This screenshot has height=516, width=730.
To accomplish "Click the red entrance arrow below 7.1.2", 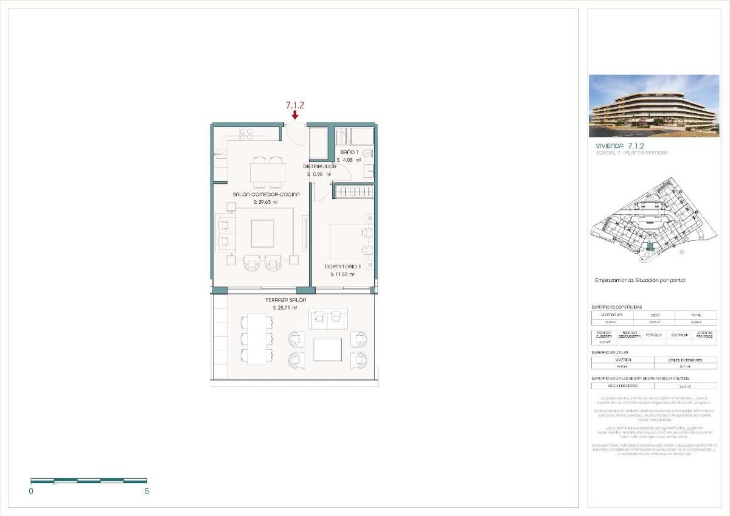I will pyautogui.click(x=295, y=115).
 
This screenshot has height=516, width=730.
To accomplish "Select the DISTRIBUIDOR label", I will pyautogui.click(x=320, y=166).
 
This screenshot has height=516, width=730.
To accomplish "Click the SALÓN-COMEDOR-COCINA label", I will pyautogui.click(x=257, y=194).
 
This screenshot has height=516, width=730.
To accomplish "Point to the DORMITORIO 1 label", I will pyautogui.click(x=342, y=267).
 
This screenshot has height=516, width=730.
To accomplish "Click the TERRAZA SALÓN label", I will pyautogui.click(x=285, y=300).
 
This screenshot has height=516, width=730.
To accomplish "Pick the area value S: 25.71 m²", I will pyautogui.click(x=285, y=309).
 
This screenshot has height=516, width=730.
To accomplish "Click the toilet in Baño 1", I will pyautogui.click(x=366, y=154).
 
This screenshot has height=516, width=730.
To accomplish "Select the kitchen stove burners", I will pyautogui.click(x=246, y=133).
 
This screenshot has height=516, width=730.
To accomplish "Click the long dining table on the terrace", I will pyautogui.click(x=256, y=338).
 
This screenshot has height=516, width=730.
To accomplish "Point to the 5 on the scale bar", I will pyautogui.click(x=146, y=490).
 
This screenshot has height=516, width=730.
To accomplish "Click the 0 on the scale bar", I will pyautogui.click(x=31, y=490).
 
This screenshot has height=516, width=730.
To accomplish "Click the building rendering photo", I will pyautogui.click(x=653, y=106).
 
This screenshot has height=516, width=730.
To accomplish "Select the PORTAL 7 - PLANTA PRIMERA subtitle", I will pyautogui.click(x=631, y=153).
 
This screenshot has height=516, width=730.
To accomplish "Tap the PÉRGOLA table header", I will pyautogui.click(x=653, y=335).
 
